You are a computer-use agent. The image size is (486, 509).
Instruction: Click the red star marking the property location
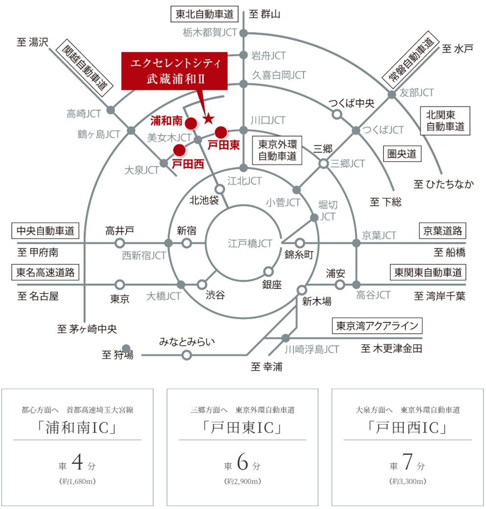click(x=208, y=119)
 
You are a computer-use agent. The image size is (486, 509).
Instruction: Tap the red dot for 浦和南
click(x=191, y=123)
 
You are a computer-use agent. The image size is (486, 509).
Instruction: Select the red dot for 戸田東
click(x=221, y=132)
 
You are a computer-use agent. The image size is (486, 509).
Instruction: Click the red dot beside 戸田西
click(x=179, y=150)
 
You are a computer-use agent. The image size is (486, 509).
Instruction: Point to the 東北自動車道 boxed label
click(x=205, y=14)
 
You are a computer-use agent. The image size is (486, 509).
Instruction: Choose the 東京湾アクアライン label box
click(x=377, y=325)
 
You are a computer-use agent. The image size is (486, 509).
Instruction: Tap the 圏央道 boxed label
click(x=402, y=154)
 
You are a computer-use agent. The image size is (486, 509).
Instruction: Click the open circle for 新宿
click(x=186, y=243)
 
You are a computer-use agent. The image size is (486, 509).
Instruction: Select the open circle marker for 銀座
click(x=268, y=271)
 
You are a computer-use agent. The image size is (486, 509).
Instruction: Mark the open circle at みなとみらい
click(x=186, y=355)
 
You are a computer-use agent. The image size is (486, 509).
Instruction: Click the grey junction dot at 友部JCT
click(x=392, y=94)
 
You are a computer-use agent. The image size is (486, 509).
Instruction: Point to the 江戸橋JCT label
click(x=250, y=243)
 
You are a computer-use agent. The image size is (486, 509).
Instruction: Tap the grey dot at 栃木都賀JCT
click(x=243, y=33)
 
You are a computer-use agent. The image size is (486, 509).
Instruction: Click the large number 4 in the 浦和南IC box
click(x=77, y=462)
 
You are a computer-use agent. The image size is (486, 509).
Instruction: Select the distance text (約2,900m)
click(x=243, y=481)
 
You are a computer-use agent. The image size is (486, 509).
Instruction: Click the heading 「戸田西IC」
click(x=407, y=428)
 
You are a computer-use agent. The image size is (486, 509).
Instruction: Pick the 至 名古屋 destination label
click(x=38, y=296)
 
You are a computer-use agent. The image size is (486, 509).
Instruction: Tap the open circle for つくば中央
click(x=337, y=114)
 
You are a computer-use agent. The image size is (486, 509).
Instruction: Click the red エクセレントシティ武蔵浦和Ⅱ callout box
click(x=174, y=71)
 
